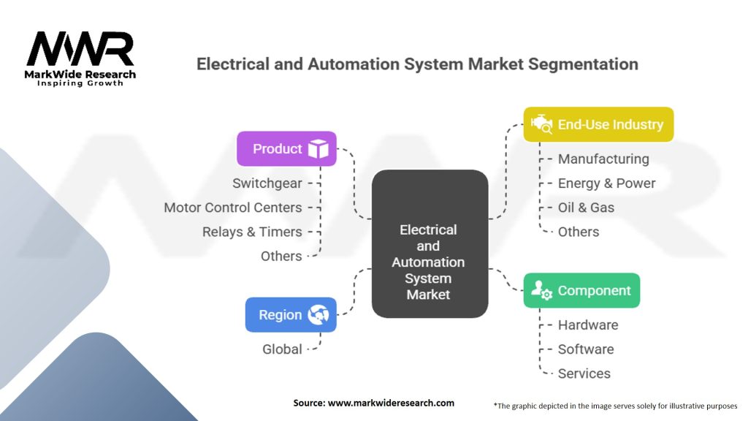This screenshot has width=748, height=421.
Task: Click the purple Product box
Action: (286, 148)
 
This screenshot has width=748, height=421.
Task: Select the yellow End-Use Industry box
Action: (598, 124)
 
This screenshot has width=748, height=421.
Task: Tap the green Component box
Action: (581, 290)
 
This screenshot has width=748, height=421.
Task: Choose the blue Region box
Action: (291, 315)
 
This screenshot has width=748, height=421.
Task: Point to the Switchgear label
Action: (267, 183)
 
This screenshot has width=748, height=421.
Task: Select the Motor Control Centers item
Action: (232, 208)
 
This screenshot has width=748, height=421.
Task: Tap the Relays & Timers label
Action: (252, 232)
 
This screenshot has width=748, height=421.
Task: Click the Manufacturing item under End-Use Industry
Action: (603, 159)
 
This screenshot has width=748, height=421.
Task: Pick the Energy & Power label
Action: (606, 183)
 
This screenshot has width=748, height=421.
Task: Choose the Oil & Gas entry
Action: (586, 208)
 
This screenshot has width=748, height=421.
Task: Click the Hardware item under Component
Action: (588, 325)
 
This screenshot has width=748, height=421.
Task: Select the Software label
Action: (586, 349)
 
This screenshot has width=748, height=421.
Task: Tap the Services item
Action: (584, 373)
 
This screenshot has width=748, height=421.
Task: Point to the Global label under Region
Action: (282, 349)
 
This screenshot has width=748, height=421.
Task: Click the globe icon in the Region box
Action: (318, 315)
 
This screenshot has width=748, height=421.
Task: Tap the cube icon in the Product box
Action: (318, 149)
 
